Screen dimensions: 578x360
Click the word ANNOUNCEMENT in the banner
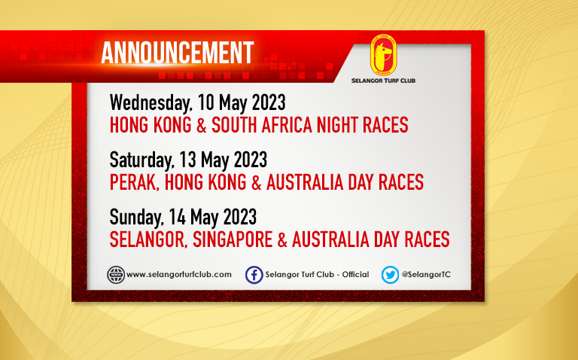pyautogui.click(x=178, y=53)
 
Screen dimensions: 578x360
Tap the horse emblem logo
pyautogui.click(x=383, y=55)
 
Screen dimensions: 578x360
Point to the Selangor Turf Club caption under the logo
pyautogui.click(x=383, y=81)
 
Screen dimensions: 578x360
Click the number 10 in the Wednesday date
pyautogui.click(x=206, y=102)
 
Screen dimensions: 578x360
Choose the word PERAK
pyautogui.click(x=134, y=182)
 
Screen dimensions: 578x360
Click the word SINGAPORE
pyautogui.click(x=233, y=239)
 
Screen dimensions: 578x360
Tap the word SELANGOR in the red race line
pyautogui.click(x=149, y=239)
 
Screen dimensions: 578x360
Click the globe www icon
pyautogui.click(x=116, y=275)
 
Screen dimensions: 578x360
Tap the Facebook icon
pyautogui.click(x=254, y=275)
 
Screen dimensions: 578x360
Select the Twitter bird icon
pyautogui.click(x=390, y=275)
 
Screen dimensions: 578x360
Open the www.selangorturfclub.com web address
pyautogui.click(x=179, y=274)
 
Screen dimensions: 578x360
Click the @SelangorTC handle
pyautogui.click(x=426, y=274)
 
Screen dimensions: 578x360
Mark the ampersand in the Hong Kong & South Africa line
pyautogui.click(x=201, y=125)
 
